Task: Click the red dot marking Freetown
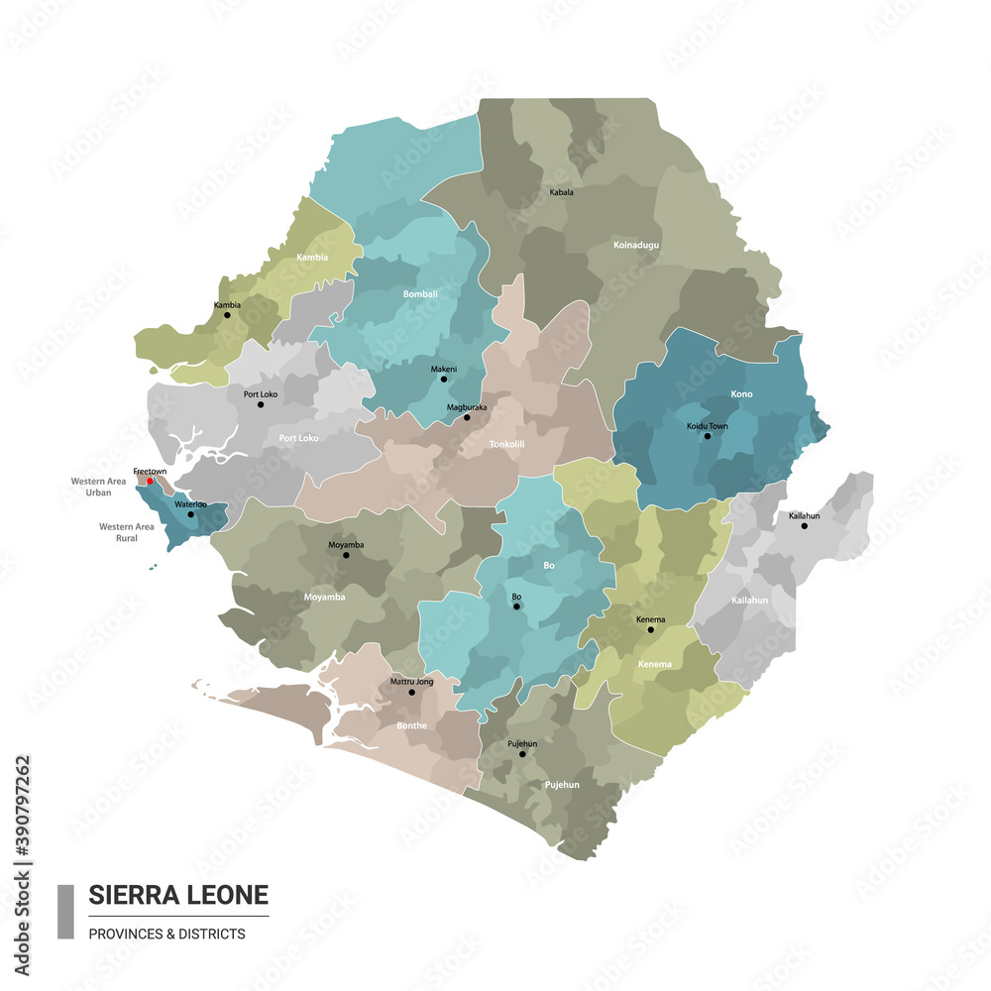[150, 482]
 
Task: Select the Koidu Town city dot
[708, 436]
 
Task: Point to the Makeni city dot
[444, 379]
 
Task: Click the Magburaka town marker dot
[467, 417]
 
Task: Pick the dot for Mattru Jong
[412, 692]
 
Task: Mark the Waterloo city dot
[191, 514]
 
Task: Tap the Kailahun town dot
[805, 525]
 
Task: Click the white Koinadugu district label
[636, 245]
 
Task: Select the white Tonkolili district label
[506, 445]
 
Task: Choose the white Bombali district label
[420, 294]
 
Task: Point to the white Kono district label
[741, 394]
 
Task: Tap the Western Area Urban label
[98, 487]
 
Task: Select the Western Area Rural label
[126, 532]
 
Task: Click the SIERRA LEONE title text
[178, 895]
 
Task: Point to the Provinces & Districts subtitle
[166, 934]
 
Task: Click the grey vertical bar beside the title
[65, 912]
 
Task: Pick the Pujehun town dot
[522, 754]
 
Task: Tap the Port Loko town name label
[261, 393]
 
